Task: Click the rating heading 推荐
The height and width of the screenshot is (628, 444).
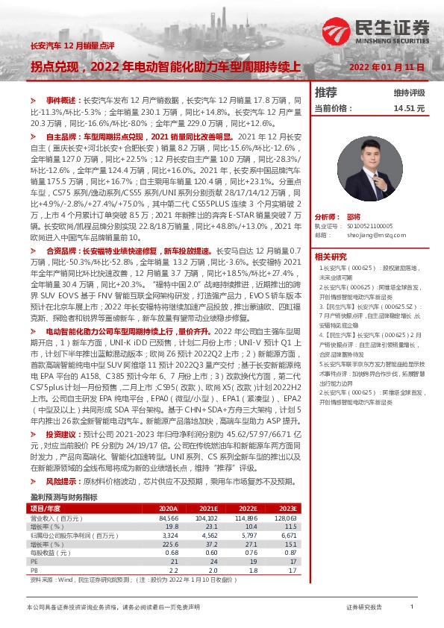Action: pyautogui.click(x=326, y=92)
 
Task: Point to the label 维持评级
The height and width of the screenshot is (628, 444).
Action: pyautogui.click(x=408, y=93)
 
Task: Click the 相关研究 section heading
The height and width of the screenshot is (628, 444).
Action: pyautogui.click(x=330, y=256)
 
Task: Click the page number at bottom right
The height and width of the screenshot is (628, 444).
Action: pyautogui.click(x=412, y=608)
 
